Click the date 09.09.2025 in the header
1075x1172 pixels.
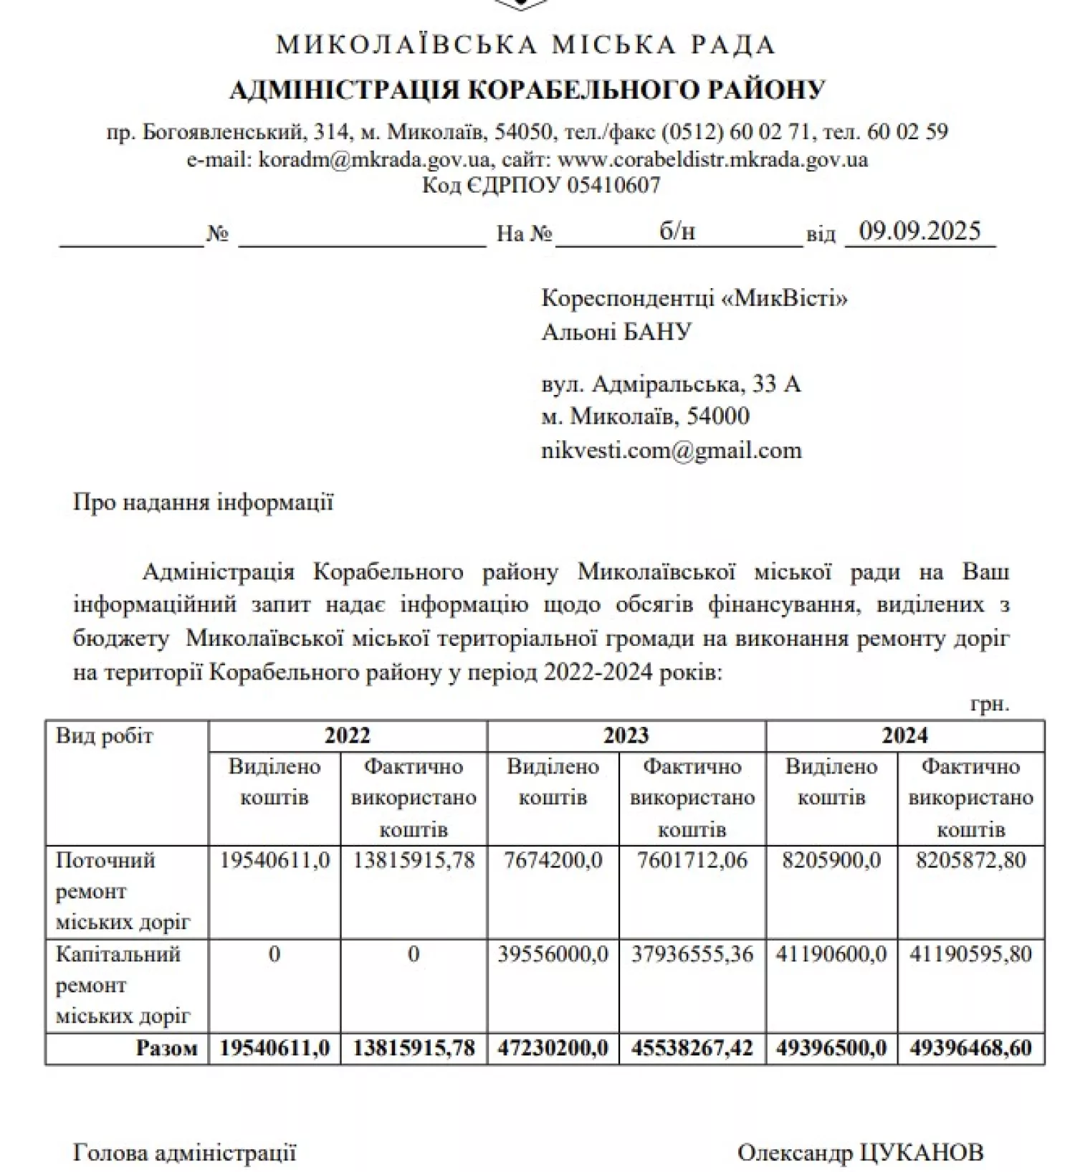pyautogui.click(x=919, y=231)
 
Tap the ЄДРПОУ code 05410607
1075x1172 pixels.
pyautogui.click(x=613, y=186)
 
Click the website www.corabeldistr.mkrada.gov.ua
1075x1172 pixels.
pyautogui.click(x=712, y=159)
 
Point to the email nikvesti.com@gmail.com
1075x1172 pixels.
pyautogui.click(x=671, y=451)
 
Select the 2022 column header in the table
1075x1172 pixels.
pyautogui.click(x=347, y=735)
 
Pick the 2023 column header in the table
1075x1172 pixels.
pyautogui.click(x=626, y=735)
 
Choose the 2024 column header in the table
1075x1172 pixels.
pyautogui.click(x=904, y=735)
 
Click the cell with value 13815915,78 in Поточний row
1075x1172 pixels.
pyautogui.click(x=414, y=860)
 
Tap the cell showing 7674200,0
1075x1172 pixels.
pyautogui.click(x=553, y=860)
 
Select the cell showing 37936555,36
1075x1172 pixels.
pyautogui.click(x=692, y=954)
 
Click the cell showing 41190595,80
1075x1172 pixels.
pyautogui.click(x=970, y=954)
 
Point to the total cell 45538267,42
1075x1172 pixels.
pyautogui.click(x=692, y=1048)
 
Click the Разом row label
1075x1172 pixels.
pyautogui.click(x=166, y=1048)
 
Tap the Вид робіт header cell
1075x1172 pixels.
pyautogui.click(x=105, y=736)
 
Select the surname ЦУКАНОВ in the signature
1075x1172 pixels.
pyautogui.click(x=920, y=1153)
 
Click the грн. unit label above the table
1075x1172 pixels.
pyautogui.click(x=989, y=705)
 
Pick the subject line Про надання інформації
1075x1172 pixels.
pyautogui.click(x=203, y=502)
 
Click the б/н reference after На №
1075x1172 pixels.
pyautogui.click(x=677, y=231)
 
